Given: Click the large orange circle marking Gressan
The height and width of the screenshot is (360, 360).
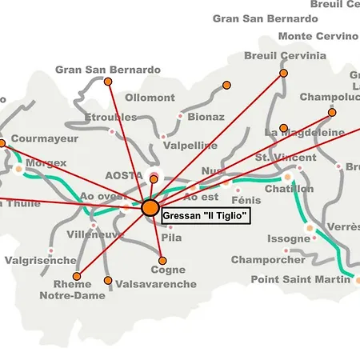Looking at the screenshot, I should tap(150, 208).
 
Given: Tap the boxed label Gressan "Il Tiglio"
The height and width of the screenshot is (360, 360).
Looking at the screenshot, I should tap(206, 216).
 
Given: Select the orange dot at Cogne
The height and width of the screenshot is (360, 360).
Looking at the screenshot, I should tap(162, 260).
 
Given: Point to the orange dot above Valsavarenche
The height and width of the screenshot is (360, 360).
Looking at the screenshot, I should tap(108, 280).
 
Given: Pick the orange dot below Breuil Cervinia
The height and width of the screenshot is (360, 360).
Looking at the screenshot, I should tap(283, 73).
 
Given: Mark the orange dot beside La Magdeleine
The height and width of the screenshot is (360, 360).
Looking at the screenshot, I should tap(283, 128).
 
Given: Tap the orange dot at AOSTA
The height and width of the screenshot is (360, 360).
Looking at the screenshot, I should tap(154, 179).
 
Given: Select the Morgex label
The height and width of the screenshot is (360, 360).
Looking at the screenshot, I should tap(46, 162).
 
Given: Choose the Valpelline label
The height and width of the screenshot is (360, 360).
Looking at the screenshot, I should tap(190, 146).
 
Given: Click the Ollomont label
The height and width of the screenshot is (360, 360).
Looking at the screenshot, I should tap(149, 98).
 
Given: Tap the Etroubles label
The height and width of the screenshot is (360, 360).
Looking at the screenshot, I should tap(110, 118).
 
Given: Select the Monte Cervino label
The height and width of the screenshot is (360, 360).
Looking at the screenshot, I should tap(318, 36).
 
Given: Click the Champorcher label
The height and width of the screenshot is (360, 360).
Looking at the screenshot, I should tap(268, 260).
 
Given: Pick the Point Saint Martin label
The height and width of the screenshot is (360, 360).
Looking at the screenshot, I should tap(300, 279).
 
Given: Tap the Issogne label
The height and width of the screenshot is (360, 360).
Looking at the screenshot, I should tap(287, 238).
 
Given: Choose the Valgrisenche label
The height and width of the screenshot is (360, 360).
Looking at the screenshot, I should tap(40, 261).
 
